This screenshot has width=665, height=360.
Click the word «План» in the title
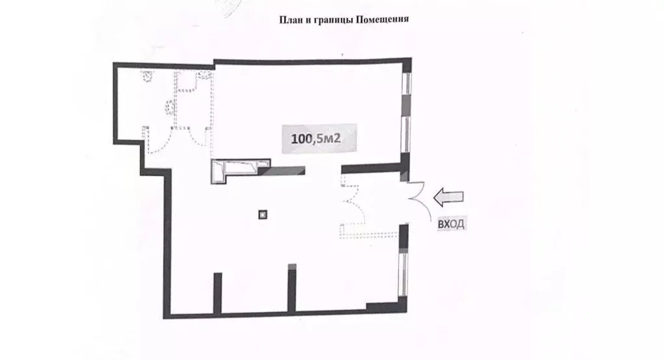(290, 19)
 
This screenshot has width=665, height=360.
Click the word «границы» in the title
(327, 19)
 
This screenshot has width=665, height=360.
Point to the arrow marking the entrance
(449, 196)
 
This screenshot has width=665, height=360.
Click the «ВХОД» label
(452, 224)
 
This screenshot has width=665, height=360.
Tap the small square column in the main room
(263, 213)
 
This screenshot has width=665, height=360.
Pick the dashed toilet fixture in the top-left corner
(148, 76)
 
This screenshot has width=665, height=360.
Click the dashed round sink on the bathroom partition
(170, 106)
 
